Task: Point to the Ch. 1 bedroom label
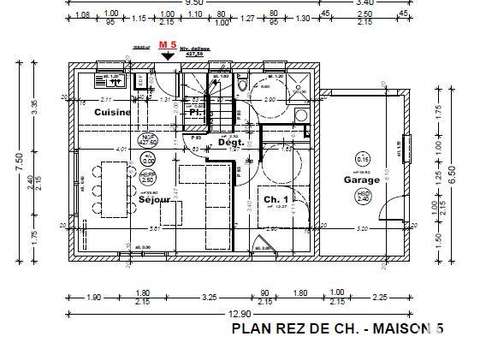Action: [x=276, y=200]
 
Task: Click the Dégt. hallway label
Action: [x=231, y=143]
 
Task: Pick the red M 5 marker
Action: [x=171, y=45]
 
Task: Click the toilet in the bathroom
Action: [x=244, y=87]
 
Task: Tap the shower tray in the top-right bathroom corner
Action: [x=297, y=85]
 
